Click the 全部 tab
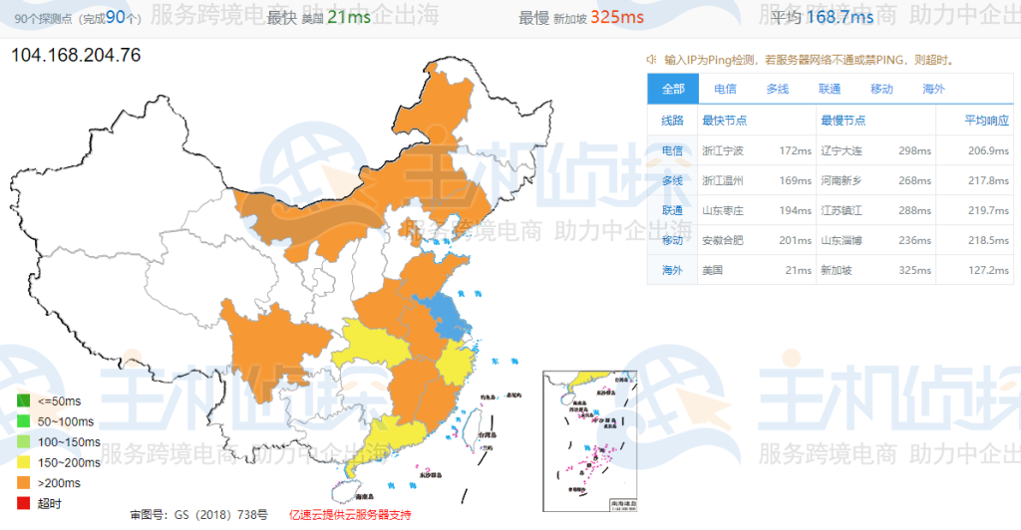point(673,89)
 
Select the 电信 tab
point(726,89)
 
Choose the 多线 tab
point(778,89)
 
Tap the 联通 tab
point(830,89)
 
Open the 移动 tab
point(881,89)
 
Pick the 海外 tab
point(933,89)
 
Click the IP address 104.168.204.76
point(76,55)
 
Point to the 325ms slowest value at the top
point(616,17)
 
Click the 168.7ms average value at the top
point(840,17)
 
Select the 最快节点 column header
point(725,121)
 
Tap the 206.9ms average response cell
point(987,150)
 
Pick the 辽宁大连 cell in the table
point(840,150)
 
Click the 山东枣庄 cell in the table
point(723,210)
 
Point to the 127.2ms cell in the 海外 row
point(987,270)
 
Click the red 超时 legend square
point(22,503)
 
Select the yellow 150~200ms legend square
point(22,462)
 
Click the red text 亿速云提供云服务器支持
point(349,515)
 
